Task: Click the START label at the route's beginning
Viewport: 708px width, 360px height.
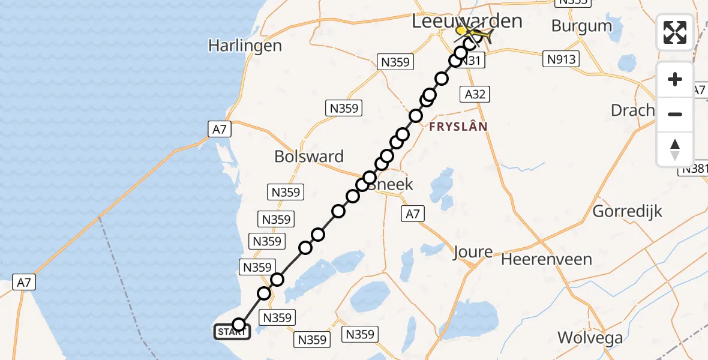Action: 232,332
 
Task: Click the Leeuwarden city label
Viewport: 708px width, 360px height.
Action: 467,21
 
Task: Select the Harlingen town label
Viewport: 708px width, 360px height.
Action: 245,46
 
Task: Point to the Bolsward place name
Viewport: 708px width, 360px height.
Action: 309,157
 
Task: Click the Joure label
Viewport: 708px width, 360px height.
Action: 473,253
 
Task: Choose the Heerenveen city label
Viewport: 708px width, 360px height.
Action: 547,260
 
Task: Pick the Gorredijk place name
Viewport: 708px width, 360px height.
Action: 627,211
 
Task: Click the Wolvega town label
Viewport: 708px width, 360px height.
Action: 590,338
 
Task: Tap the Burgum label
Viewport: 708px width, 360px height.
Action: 581,26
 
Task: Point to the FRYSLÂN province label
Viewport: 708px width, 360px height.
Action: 458,127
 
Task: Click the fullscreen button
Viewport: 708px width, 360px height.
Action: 675,32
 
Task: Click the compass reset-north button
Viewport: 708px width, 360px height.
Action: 675,149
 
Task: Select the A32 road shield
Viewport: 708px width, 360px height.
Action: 475,94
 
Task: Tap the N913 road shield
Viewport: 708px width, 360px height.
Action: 562,59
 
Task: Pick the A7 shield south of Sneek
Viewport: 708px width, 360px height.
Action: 413,213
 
